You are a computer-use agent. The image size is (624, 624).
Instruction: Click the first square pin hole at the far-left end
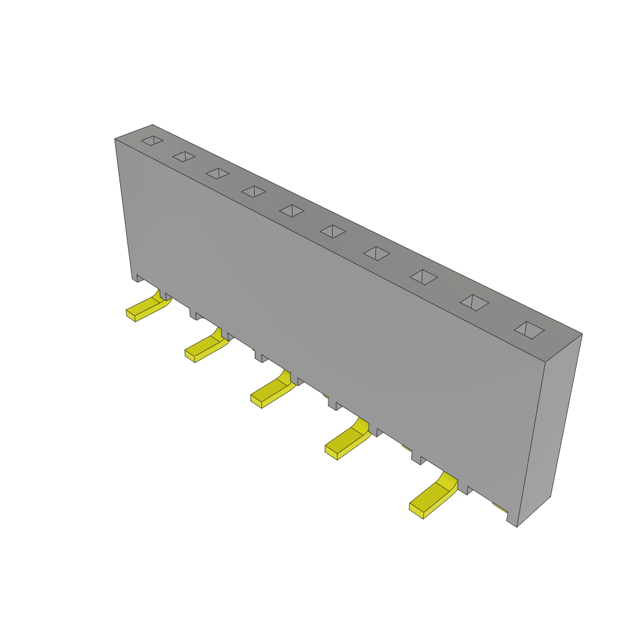tap(152, 141)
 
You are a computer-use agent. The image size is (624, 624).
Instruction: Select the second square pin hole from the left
tap(184, 157)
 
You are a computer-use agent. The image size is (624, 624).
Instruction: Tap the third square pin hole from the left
tap(218, 174)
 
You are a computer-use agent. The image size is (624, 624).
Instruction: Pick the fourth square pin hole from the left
tap(253, 191)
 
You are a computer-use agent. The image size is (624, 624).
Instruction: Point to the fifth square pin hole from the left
tap(292, 211)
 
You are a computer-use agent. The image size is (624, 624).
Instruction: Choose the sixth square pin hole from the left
tap(333, 232)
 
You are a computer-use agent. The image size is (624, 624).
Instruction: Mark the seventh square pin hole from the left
tap(377, 253)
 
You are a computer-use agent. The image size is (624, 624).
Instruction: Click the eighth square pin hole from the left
tap(424, 277)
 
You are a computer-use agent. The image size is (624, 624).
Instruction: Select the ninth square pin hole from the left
tap(474, 303)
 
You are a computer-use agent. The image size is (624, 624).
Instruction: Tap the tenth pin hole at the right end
tap(529, 330)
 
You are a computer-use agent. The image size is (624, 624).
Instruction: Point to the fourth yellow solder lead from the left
tap(349, 441)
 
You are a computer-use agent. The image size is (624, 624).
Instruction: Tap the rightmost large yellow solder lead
tap(434, 495)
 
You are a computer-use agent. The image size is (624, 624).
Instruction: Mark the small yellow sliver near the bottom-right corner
tap(500, 508)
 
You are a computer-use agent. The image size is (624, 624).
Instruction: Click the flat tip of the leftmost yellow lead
tap(130, 315)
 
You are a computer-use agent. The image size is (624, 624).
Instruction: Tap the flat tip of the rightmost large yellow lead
tap(416, 511)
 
